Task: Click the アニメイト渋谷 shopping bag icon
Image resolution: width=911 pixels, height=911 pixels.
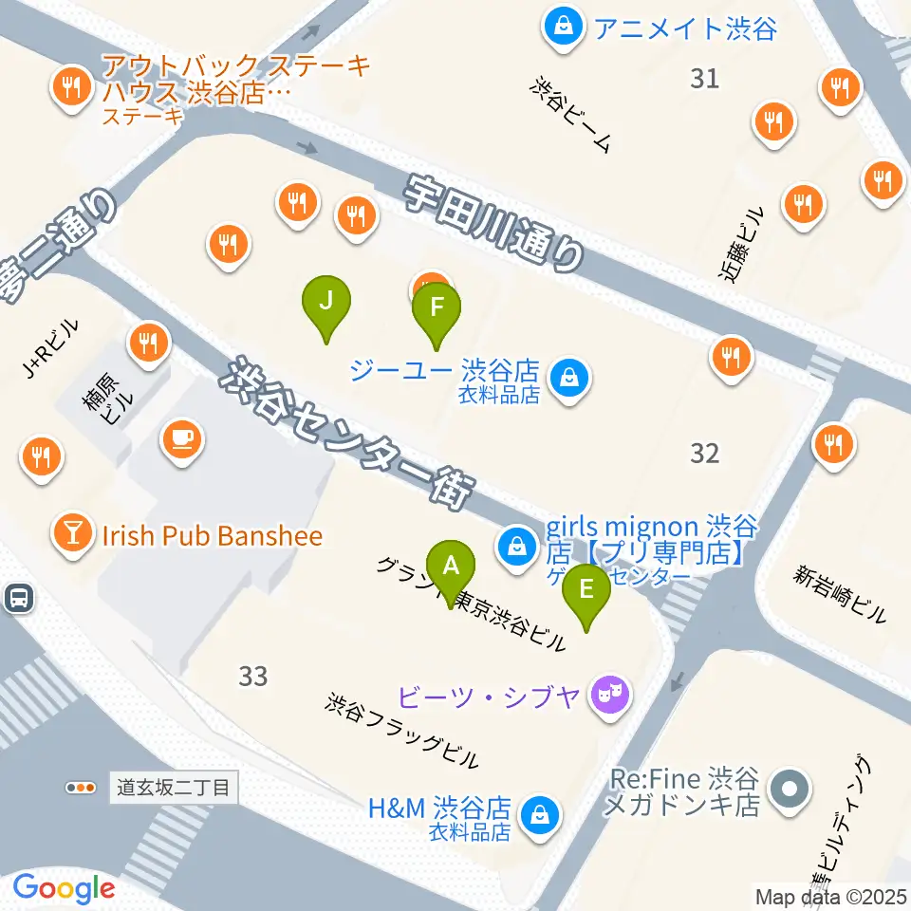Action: coord(564,26)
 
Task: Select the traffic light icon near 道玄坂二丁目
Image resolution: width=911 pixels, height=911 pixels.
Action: coord(81,787)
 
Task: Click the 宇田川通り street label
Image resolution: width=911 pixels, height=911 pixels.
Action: coord(494,225)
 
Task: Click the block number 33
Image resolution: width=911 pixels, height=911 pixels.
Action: coord(253,677)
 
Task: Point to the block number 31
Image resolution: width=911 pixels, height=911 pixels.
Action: coord(704,79)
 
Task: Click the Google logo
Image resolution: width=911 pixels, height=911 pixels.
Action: coord(64,888)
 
